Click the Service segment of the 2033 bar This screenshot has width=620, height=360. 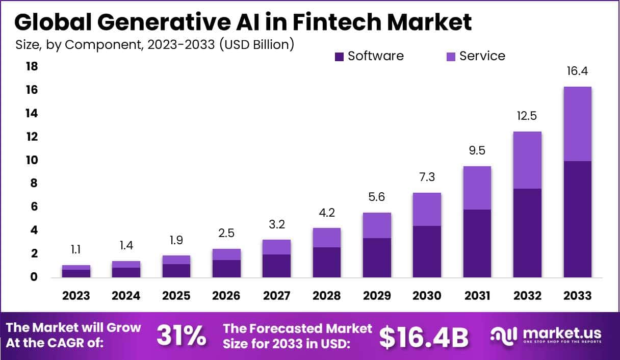point(577,124)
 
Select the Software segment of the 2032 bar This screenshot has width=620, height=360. point(527,233)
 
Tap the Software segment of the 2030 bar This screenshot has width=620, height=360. point(427,251)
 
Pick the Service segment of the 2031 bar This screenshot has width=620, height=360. point(477,188)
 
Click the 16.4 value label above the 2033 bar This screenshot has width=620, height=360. point(577,71)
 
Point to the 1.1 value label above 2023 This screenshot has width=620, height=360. point(76,249)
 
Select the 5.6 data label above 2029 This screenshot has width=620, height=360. point(377,197)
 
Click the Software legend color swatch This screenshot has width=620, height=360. point(340,57)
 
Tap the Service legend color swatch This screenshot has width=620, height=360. point(451,57)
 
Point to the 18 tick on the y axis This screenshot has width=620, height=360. point(32,66)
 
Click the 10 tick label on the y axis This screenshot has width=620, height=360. point(32,160)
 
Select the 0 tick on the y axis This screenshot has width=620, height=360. point(34,277)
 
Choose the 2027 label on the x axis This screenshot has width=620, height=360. point(277,296)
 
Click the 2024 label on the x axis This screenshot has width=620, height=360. point(126,296)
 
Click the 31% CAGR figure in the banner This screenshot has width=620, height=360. point(181,336)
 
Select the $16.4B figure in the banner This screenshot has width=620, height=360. point(424,336)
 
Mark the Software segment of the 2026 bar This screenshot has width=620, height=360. point(226,268)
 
